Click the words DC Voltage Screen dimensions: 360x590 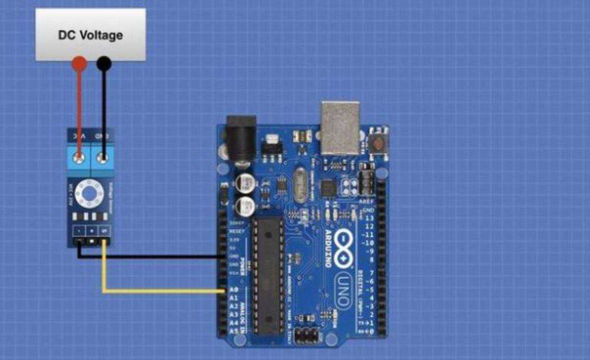coord(90,35)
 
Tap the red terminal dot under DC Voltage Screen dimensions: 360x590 coord(79,63)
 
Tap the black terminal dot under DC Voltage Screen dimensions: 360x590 coord(104,63)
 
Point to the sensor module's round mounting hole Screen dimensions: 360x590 coord(90,193)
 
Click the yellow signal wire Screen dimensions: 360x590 coord(162,291)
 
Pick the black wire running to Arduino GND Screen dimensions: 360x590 coord(152,257)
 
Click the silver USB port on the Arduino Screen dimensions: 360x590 coord(340,127)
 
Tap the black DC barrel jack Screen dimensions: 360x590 coord(241,138)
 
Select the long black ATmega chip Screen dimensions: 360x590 coord(268,276)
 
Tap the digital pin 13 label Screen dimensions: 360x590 coord(369,218)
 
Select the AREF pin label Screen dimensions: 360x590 coord(368,202)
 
